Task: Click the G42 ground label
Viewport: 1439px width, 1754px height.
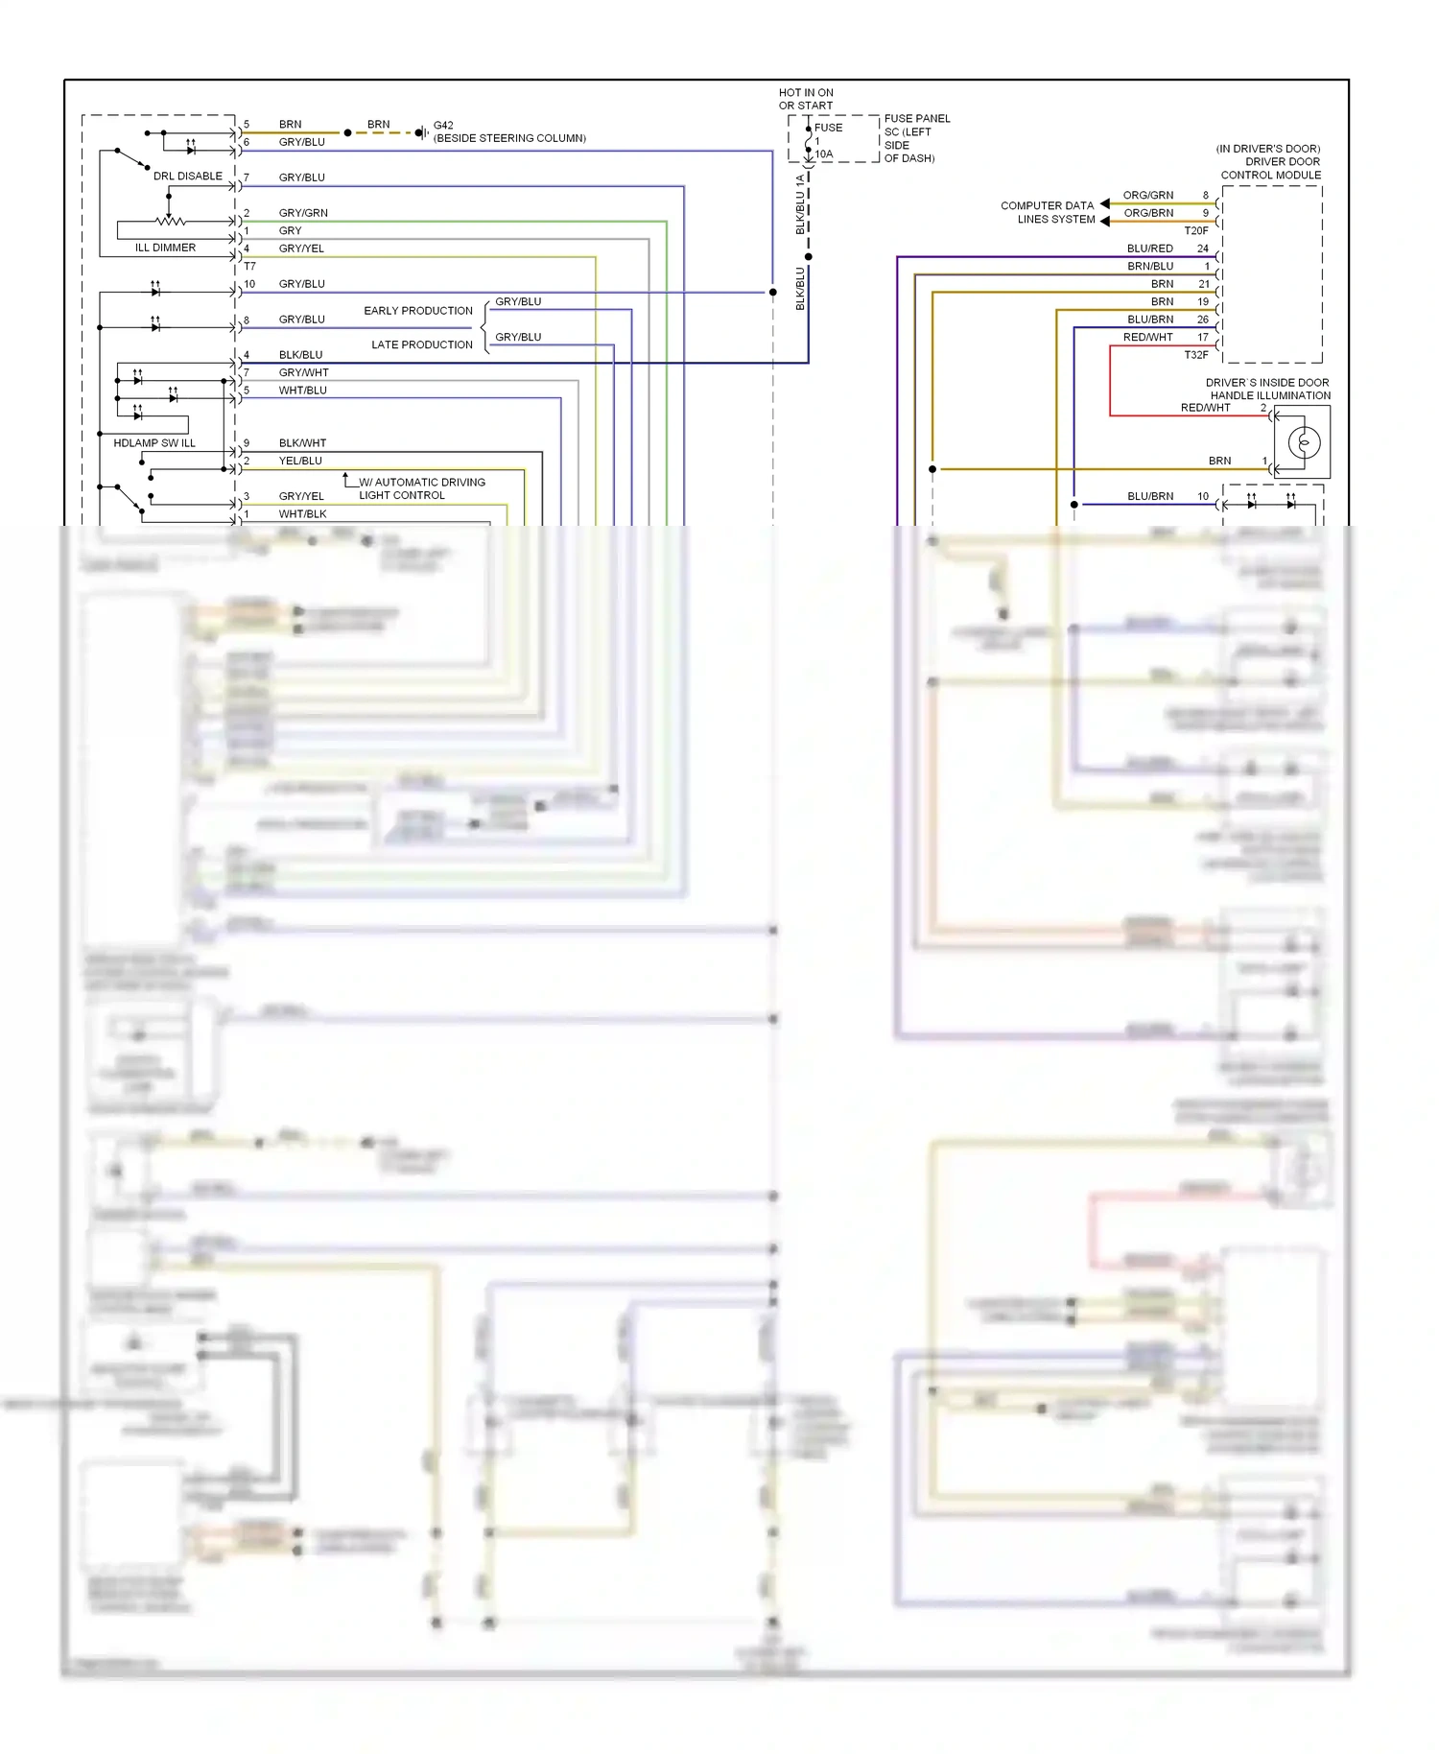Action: pos(443,125)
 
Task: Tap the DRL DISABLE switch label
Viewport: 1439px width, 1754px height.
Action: pos(187,177)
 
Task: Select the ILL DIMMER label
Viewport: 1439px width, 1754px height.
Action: pos(165,248)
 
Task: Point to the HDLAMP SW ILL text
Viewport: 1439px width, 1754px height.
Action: pos(153,443)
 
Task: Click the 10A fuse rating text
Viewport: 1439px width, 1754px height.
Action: pos(824,154)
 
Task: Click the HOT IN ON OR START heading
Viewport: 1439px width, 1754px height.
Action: pos(806,99)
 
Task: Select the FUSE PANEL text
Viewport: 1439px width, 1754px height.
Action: pos(917,119)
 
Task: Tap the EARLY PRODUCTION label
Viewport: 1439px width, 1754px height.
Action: pos(418,311)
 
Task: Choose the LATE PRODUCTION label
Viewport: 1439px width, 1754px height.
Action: pos(422,344)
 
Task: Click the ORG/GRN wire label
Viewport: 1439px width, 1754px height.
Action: pos(1147,195)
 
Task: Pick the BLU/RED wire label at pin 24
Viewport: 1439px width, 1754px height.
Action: pos(1149,249)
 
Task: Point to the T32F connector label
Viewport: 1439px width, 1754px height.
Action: pos(1195,355)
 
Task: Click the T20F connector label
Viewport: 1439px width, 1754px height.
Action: pos(1195,230)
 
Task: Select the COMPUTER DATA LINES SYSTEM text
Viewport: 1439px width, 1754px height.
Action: pos(1048,212)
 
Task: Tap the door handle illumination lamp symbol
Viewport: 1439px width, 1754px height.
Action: pos(1303,442)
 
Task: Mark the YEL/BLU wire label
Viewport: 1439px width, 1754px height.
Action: pos(300,461)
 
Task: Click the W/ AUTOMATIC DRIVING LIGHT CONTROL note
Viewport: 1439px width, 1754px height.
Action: pos(421,488)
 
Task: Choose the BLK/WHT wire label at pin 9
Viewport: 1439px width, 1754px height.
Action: pos(302,443)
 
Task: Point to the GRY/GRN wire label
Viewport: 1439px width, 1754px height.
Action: pos(303,213)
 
